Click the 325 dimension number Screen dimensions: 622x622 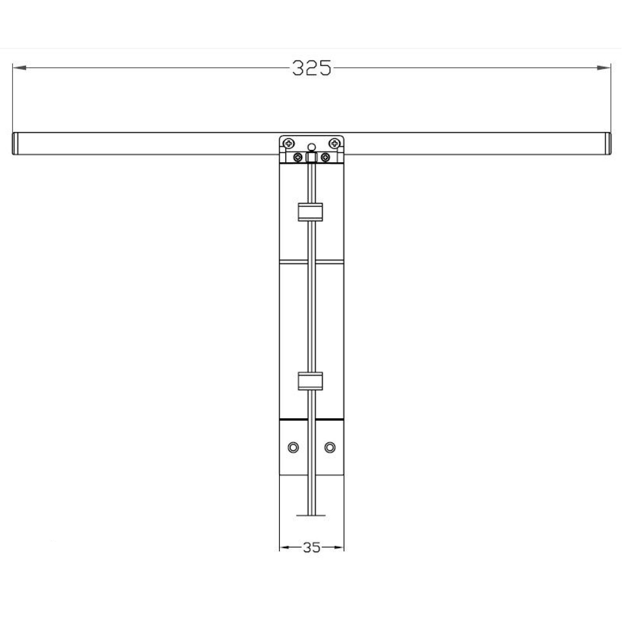point(311,68)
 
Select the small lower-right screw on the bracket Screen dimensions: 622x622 point(326,157)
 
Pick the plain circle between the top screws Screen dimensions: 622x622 point(311,147)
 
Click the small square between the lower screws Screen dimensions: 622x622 point(311,157)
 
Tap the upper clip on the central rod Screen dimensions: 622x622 point(310,212)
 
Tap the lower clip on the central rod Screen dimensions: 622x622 point(310,381)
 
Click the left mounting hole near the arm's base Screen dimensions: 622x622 point(293,447)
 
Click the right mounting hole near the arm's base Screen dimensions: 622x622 point(330,447)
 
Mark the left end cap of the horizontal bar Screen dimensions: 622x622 point(15,144)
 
